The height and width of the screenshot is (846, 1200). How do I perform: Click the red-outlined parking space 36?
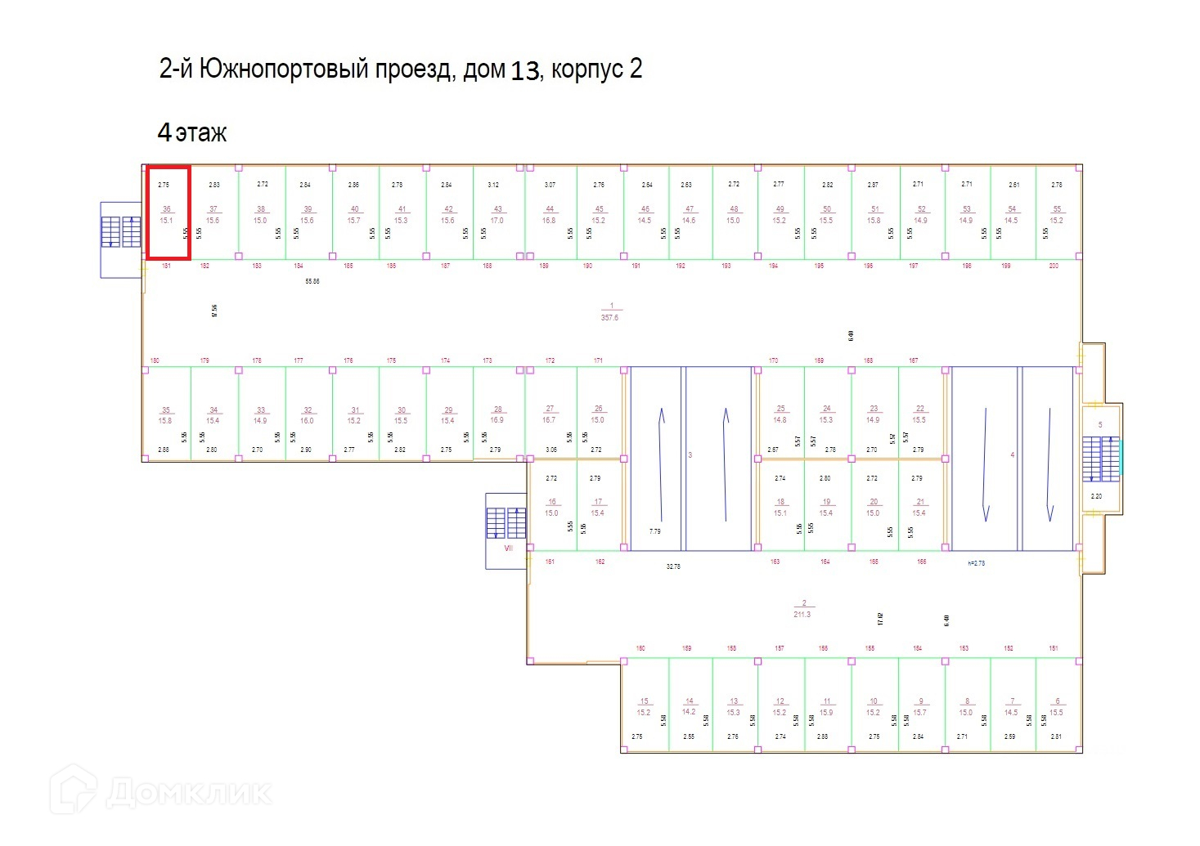point(168,214)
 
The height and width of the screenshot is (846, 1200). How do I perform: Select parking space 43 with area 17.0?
point(497,214)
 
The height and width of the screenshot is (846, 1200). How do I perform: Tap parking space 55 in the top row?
point(1057,214)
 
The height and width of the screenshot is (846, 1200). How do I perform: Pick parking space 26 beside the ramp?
point(598,414)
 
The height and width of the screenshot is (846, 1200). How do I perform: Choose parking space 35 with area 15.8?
point(166,415)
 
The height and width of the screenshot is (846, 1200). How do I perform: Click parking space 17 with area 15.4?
point(598,508)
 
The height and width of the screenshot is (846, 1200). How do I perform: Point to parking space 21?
point(920,508)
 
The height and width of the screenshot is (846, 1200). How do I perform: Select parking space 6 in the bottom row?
point(1057,706)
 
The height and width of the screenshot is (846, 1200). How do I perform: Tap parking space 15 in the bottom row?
point(645,706)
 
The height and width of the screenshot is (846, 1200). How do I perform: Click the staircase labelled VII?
point(506,524)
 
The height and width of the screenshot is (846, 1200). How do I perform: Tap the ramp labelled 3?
point(690,458)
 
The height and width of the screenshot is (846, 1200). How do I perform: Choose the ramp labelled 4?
point(1012,458)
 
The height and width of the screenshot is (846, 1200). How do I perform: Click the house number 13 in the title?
point(524,71)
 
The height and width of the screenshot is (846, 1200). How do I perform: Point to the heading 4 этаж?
point(192,132)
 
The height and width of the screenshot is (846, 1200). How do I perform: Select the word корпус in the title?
point(587,70)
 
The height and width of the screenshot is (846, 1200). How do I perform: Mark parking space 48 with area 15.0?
point(734,214)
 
